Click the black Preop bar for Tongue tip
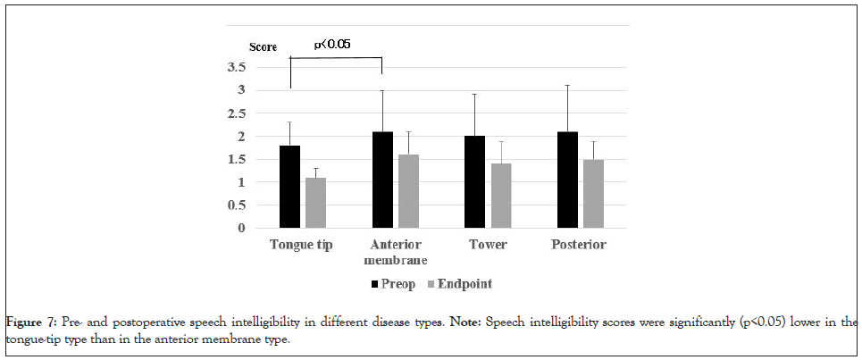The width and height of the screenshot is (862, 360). pos(289,187)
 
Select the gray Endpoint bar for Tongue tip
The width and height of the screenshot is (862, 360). pos(315,203)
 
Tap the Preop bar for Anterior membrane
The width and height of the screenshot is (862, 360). pos(382,180)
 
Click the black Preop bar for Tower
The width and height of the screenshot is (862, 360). pos(474,182)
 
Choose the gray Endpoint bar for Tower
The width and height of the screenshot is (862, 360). pos(500,196)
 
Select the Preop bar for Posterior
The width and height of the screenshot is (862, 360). pos(567,180)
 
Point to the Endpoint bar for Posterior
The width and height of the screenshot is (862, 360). pos(593,194)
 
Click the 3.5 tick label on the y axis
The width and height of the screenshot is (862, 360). pos(236,68)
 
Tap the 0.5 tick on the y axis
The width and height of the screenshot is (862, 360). pos(236,205)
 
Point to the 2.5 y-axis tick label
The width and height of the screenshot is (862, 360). pos(236,113)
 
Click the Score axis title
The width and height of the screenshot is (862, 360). pos(263,46)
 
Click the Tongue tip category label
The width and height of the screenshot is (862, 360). pos(302,245)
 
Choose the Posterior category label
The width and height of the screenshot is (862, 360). pos(580,245)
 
